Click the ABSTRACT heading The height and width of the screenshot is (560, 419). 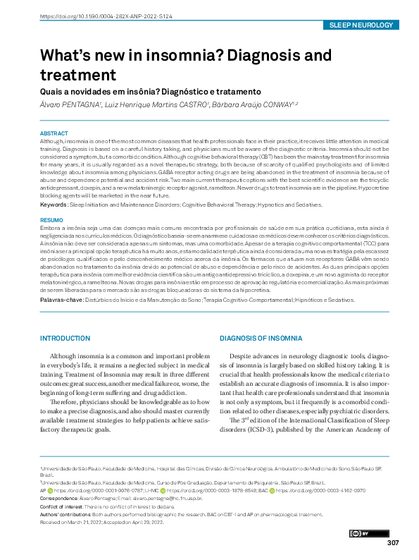[x=54, y=133]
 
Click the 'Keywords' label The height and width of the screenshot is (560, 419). [x=54, y=205]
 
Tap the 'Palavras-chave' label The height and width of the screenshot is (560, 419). [x=61, y=300]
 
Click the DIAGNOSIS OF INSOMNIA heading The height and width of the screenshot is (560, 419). [x=261, y=339]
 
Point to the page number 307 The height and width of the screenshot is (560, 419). [x=393, y=542]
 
